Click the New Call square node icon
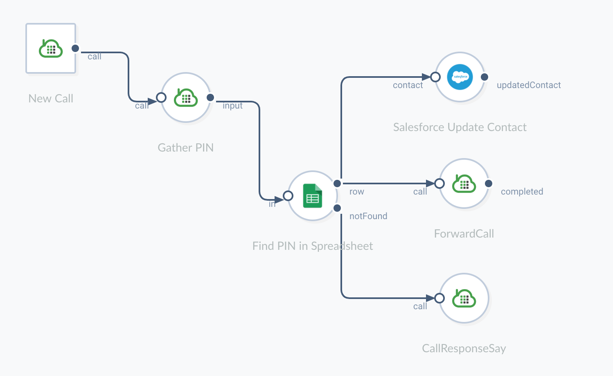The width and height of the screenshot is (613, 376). click(x=51, y=48)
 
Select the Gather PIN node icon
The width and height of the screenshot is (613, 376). click(x=186, y=97)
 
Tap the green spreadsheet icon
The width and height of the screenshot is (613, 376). click(x=313, y=196)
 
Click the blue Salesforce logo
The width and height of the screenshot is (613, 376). click(x=460, y=77)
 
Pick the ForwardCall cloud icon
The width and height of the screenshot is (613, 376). click(x=464, y=183)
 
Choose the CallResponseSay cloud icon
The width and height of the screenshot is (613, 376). click(x=464, y=298)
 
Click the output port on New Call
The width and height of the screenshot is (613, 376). click(x=75, y=48)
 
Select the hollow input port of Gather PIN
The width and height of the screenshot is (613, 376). click(x=161, y=97)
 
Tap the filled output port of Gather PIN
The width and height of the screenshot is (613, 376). click(x=210, y=97)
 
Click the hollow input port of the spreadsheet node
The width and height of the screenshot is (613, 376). click(x=288, y=196)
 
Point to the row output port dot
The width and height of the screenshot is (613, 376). click(x=337, y=183)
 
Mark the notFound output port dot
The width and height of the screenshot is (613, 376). click(x=337, y=208)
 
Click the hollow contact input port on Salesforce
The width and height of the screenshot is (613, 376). click(x=435, y=77)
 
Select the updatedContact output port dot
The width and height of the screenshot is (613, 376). click(x=485, y=77)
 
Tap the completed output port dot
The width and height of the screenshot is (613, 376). click(x=489, y=183)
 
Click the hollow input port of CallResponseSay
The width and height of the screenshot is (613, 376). click(x=439, y=298)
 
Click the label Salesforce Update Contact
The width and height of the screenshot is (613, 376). click(x=460, y=127)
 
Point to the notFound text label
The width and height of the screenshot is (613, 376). click(x=368, y=216)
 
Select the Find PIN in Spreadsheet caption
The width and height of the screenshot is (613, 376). click(x=313, y=246)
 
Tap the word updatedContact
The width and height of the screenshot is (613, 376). click(x=529, y=85)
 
